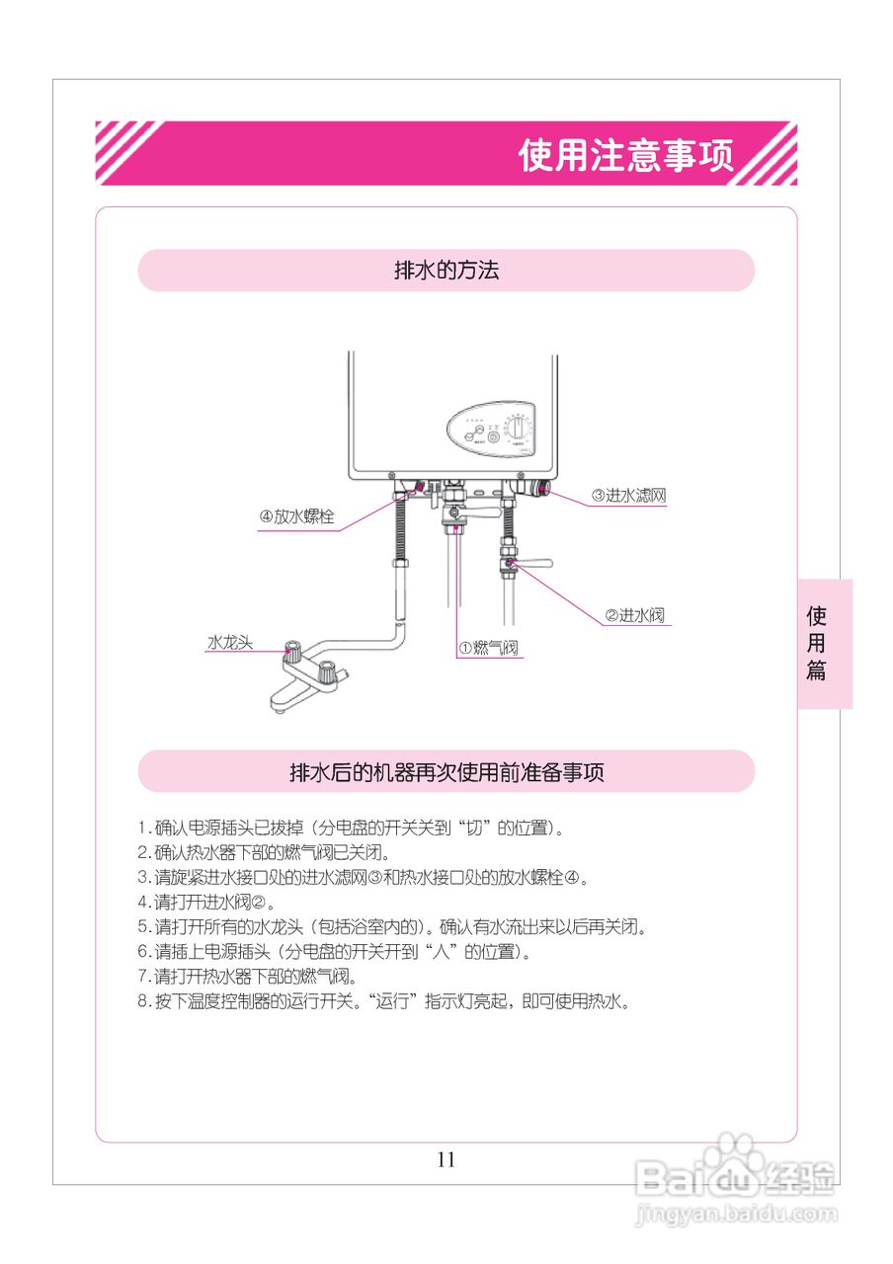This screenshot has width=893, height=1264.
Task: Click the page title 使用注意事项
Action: [x=626, y=155]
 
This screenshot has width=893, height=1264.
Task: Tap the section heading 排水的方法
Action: [x=446, y=271]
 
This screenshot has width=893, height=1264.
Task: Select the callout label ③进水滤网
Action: [x=628, y=496]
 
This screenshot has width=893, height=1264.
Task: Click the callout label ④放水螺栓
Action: [x=296, y=516]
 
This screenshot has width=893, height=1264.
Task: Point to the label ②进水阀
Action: [x=634, y=615]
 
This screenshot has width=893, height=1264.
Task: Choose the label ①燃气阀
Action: [x=487, y=648]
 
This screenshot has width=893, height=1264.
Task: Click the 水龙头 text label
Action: [x=229, y=642]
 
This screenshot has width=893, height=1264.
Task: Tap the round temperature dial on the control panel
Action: [x=518, y=431]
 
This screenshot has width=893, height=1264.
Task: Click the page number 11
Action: [x=446, y=1159]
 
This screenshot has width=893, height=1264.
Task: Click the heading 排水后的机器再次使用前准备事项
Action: [x=446, y=772]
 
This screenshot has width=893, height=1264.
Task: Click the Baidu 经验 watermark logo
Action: [x=735, y=1175]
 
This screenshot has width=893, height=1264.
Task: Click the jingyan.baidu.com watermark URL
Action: [x=736, y=1214]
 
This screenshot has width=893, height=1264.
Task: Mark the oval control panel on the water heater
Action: [x=491, y=432]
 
